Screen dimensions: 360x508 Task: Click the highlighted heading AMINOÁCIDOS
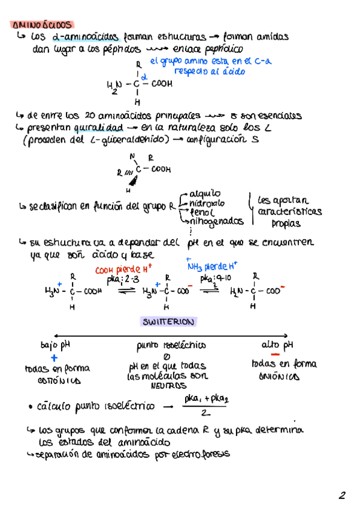(42, 26)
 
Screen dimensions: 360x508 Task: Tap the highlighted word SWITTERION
(168, 322)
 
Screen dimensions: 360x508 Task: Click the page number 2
(341, 495)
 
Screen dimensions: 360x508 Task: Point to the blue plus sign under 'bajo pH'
(53, 357)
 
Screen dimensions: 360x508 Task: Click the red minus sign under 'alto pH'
(276, 355)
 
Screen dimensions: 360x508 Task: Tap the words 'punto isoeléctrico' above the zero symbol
(171, 345)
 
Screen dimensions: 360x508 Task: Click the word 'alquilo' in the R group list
(204, 193)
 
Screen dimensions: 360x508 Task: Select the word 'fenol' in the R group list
(202, 211)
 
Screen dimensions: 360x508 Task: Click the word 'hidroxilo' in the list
(207, 202)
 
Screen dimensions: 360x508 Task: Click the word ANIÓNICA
(278, 377)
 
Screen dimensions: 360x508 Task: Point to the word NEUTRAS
(168, 386)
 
